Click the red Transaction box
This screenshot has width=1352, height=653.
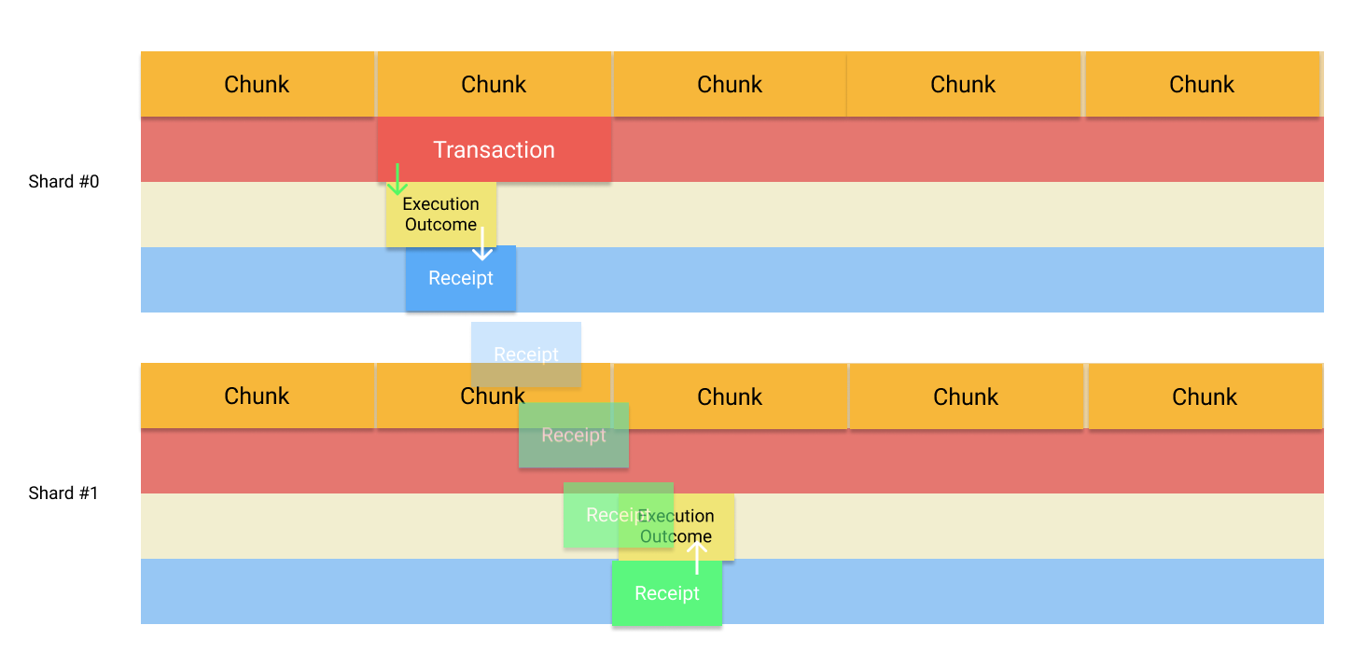[495, 150]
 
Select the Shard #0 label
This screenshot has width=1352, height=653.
[63, 182]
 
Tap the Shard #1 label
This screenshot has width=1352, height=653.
[63, 493]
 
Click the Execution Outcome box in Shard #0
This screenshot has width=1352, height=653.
[440, 215]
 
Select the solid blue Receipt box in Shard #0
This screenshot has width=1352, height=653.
[461, 278]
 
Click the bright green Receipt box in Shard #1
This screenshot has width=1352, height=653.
[667, 593]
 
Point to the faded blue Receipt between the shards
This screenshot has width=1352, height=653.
[526, 354]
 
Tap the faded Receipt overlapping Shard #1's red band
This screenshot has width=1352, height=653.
[574, 436]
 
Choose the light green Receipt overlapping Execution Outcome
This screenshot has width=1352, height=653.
[597, 515]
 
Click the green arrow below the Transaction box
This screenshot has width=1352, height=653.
[397, 179]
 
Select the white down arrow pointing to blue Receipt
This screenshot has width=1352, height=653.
[482, 244]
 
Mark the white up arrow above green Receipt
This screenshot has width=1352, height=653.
[696, 557]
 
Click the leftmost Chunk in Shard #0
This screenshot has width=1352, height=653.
[258, 84]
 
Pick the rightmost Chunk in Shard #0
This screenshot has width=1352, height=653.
[1202, 84]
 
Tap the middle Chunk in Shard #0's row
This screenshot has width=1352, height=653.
[730, 84]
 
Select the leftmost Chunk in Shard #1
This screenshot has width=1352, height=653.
[258, 396]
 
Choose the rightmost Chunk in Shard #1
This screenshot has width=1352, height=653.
[1205, 396]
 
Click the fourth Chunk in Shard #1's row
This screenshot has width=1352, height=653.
[966, 396]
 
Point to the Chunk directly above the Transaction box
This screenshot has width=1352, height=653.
[494, 84]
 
